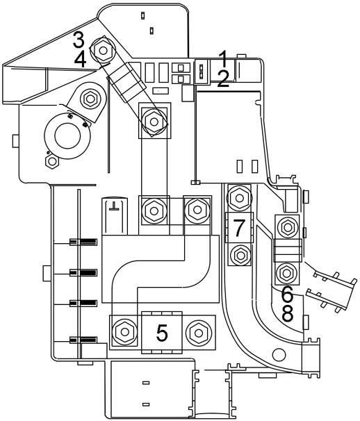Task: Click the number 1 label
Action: pos(223,58)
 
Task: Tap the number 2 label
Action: pos(223,79)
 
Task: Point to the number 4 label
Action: pos(81,60)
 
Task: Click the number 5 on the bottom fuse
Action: pos(162,333)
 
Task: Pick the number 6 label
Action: pos(287,293)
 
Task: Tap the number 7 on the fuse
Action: pos(239,228)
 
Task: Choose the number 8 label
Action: pos(287,313)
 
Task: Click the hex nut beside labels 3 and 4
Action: pos(103,50)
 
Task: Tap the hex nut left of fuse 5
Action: pos(124,332)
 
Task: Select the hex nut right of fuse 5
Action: pos(199,333)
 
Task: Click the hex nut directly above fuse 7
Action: pos(239,198)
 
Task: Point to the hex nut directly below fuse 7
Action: pos(239,254)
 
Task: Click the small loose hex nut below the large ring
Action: pos(52,161)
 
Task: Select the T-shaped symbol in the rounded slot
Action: pos(115,206)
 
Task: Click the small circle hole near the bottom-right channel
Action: pos(279,354)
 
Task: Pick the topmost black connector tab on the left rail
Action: pos(83,242)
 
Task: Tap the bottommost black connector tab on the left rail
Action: pos(83,340)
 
